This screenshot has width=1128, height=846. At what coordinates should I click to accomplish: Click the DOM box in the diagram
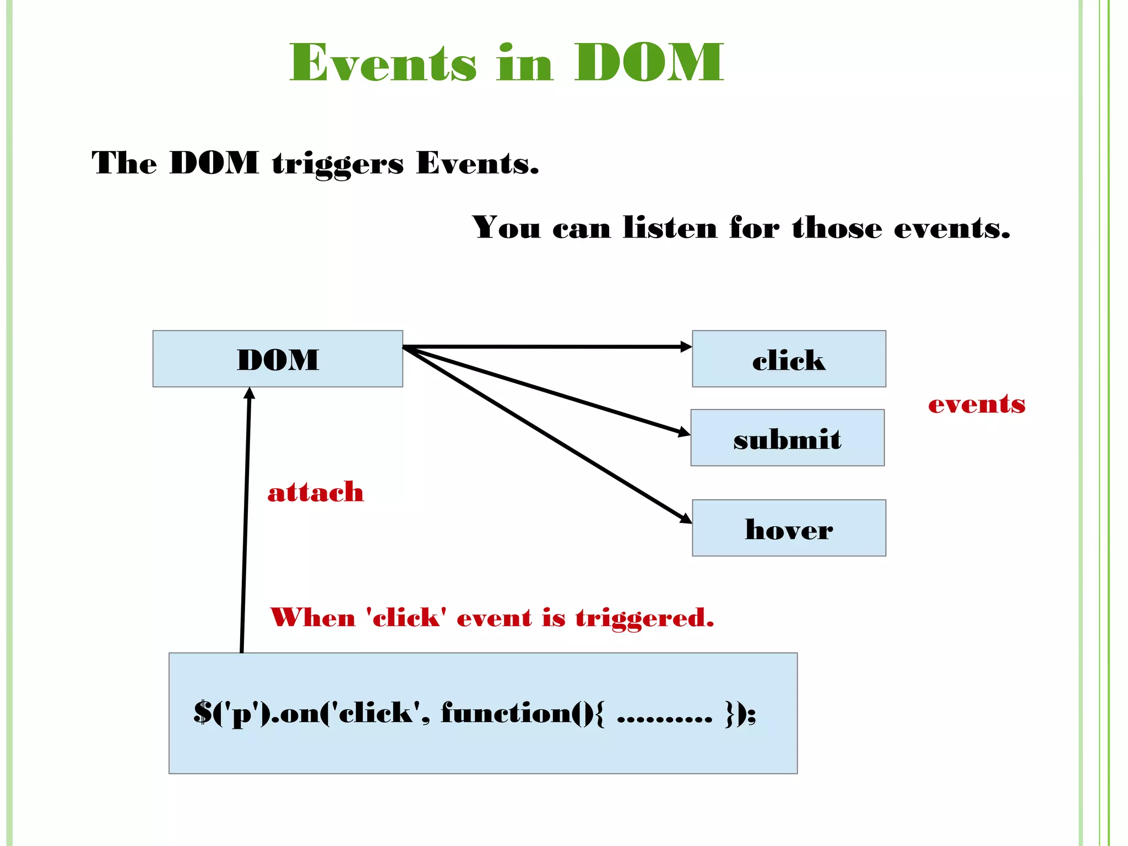278,359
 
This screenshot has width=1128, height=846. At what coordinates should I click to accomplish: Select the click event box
789,359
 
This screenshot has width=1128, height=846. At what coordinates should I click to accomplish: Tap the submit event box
787,438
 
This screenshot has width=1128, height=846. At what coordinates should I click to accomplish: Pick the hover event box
789,528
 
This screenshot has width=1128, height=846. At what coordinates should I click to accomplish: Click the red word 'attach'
316,492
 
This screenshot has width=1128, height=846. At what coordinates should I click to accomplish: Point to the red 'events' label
977,404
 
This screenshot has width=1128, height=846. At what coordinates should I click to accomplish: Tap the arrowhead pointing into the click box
686,347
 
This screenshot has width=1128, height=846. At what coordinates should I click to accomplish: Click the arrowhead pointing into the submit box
684,432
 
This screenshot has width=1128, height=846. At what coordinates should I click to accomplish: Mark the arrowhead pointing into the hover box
686,519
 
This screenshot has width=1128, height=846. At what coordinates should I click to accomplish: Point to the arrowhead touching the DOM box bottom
250,393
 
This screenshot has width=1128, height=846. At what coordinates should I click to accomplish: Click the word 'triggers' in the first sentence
338,164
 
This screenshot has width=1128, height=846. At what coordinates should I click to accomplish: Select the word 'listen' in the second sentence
670,227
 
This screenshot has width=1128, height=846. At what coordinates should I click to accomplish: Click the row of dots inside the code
664,719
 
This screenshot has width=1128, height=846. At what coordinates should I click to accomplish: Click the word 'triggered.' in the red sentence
644,618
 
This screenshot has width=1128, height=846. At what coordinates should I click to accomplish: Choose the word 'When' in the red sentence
313,617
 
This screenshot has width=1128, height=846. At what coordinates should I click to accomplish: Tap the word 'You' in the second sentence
506,227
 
